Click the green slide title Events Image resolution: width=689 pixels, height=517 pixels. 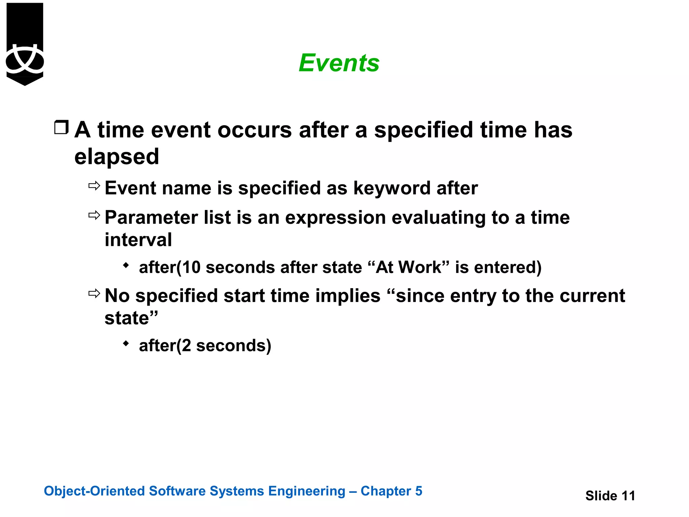tap(339, 63)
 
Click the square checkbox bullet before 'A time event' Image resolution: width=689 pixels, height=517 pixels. tap(61, 128)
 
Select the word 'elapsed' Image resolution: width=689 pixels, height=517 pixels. tap(116, 157)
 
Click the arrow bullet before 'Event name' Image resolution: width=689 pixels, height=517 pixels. tap(94, 185)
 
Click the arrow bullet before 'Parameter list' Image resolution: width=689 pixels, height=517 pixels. tap(94, 215)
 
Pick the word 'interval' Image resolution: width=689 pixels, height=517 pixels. tap(138, 240)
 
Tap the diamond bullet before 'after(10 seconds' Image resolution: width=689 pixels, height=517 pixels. tap(126, 266)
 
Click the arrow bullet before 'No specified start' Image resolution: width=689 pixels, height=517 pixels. tap(94, 294)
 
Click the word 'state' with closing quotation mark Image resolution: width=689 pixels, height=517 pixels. tap(131, 318)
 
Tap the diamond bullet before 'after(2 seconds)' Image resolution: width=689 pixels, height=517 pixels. tap(126, 344)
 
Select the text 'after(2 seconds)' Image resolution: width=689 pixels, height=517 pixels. tap(205, 345)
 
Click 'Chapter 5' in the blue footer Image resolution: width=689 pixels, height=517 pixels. tap(391, 491)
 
